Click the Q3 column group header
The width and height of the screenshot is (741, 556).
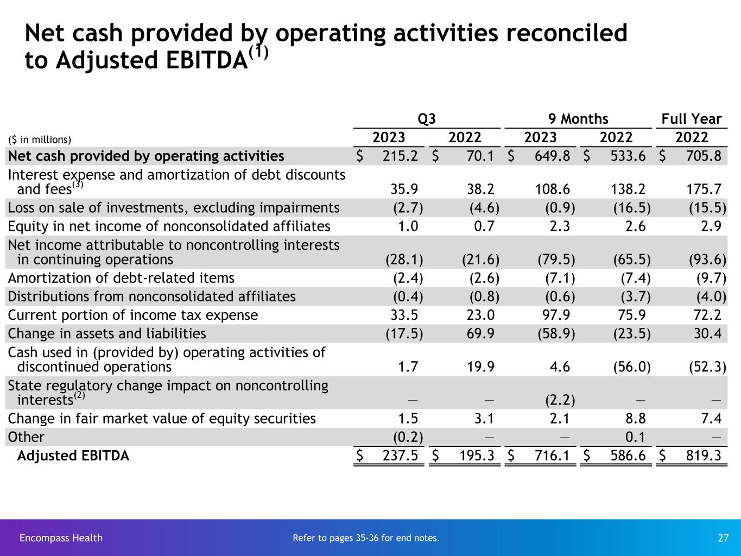coord(427,119)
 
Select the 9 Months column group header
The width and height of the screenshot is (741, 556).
coord(578,119)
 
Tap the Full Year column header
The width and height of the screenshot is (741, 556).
coord(691,119)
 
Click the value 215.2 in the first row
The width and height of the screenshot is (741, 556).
coord(400,156)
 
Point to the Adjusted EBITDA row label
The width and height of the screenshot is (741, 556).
coord(73,456)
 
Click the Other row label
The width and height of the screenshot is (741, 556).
coord(26,437)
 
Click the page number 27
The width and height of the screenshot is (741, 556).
coord(723,538)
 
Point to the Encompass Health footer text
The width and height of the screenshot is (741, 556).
coord(61,538)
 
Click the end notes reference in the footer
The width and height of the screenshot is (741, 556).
coord(366,538)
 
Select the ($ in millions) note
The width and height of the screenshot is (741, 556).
coord(40,140)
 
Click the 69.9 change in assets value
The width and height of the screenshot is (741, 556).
coord(480,333)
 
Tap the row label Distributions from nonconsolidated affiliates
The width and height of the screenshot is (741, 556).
coord(152,296)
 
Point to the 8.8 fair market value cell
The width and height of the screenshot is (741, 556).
coord(635,419)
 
